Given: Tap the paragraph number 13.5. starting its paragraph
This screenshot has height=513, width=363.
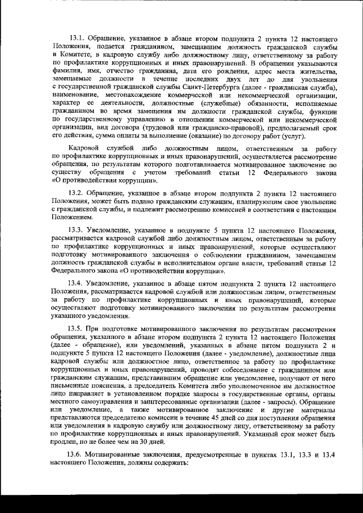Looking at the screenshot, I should click(76, 329).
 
